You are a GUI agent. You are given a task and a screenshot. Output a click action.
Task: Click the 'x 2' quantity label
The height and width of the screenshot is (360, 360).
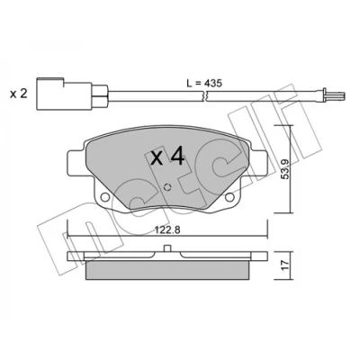19,94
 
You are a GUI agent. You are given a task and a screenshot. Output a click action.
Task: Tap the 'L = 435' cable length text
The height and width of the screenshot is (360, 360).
204,84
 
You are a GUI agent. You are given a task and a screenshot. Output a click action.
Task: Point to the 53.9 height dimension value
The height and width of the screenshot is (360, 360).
285,169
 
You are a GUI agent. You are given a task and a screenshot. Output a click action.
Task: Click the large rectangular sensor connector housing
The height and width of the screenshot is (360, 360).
64,94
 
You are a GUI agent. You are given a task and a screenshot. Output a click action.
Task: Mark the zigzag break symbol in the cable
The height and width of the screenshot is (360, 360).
205,95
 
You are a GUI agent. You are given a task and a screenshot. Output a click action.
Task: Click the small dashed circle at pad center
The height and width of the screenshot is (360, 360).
167,187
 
